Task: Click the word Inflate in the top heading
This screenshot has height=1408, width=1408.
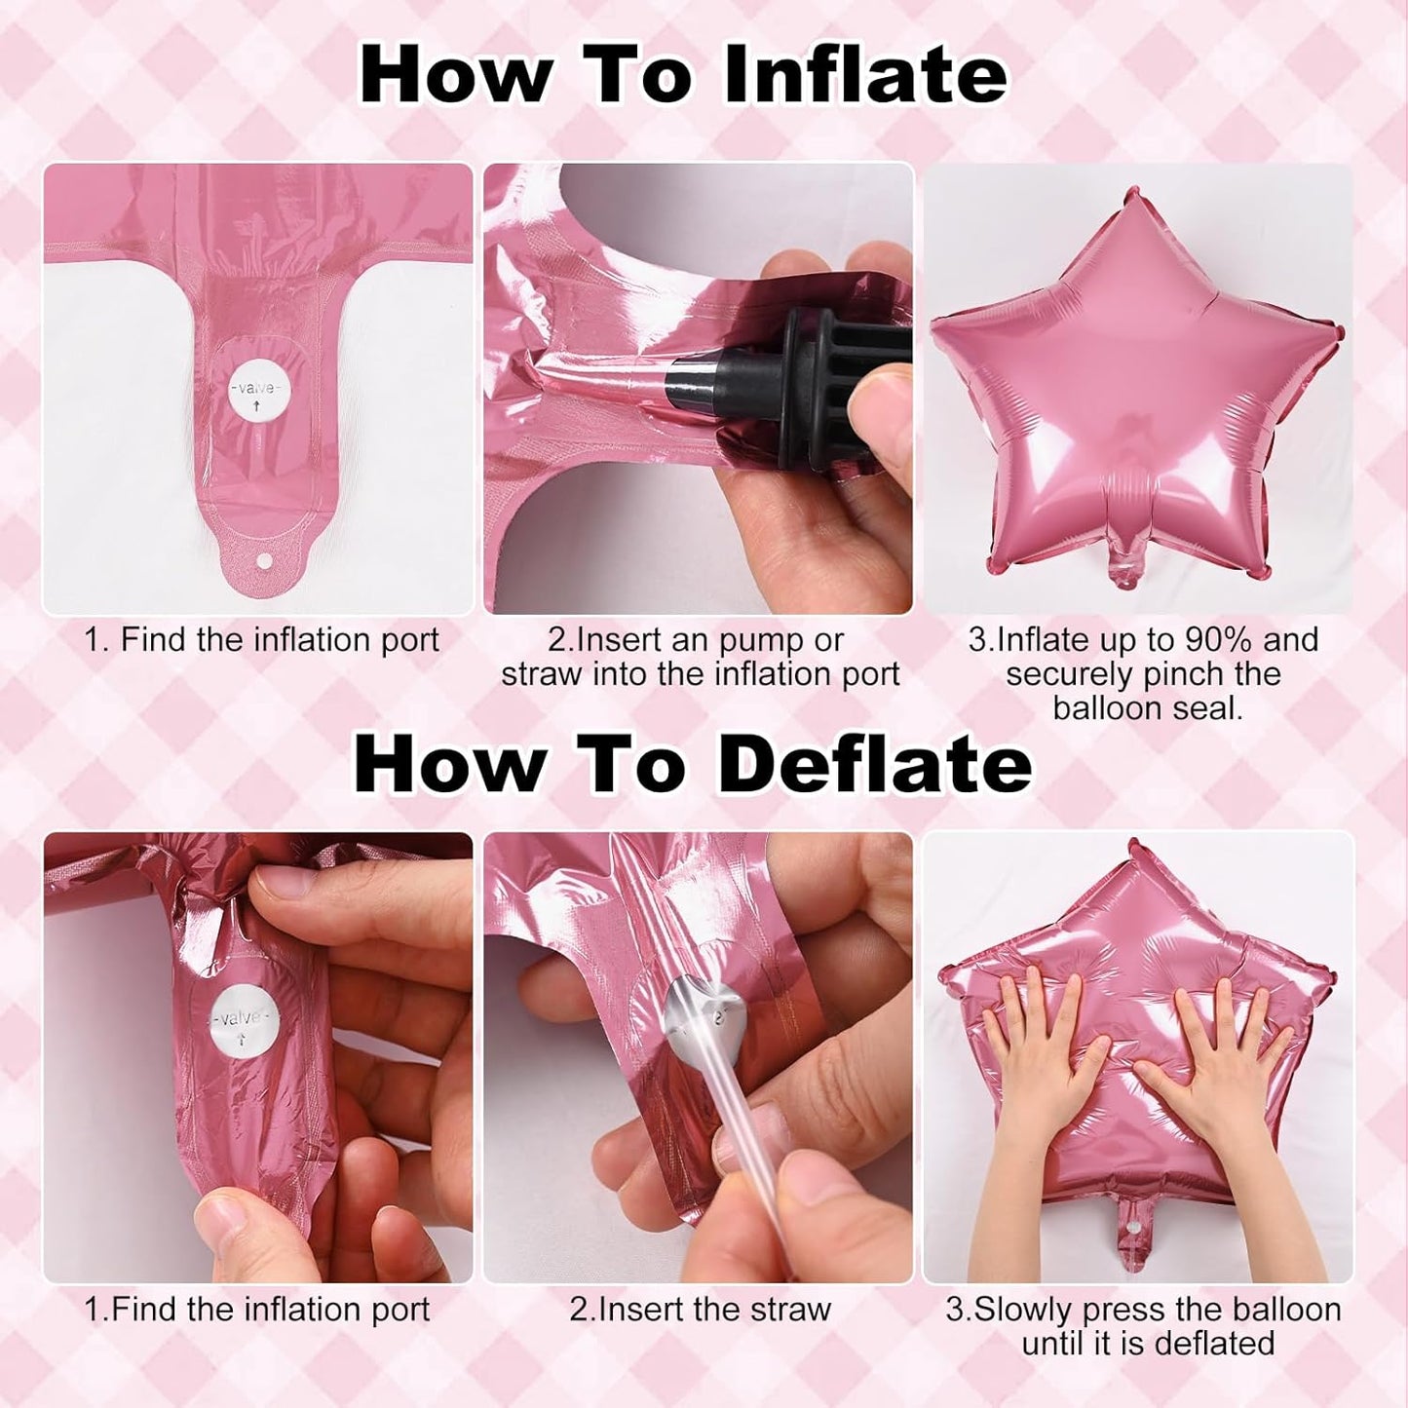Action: pyautogui.click(x=864, y=75)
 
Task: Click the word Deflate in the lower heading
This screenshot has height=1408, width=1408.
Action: pyautogui.click(x=875, y=765)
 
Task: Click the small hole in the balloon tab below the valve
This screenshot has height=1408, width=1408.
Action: pyautogui.click(x=264, y=561)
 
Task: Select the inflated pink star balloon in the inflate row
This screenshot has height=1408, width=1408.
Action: pyautogui.click(x=1136, y=392)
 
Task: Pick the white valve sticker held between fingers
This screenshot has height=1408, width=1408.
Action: pyautogui.click(x=240, y=1018)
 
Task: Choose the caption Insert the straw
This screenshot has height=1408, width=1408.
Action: pyautogui.click(x=700, y=1309)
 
